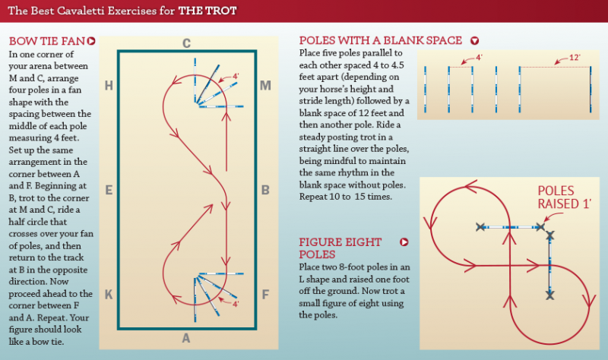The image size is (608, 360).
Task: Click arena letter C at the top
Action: [x=186, y=43]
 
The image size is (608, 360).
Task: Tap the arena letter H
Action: [x=109, y=85]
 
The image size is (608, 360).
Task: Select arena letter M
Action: [x=265, y=85]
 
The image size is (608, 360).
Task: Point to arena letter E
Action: [x=109, y=190]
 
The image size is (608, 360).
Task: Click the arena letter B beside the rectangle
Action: [x=265, y=190]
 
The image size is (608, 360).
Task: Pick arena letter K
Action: [x=109, y=294]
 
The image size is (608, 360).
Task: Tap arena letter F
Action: [x=265, y=294]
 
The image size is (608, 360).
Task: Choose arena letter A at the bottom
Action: [x=186, y=339]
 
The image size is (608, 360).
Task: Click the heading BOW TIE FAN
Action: [x=46, y=41]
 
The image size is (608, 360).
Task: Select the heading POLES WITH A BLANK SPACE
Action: [x=381, y=41]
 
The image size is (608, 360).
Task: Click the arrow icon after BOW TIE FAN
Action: [x=91, y=41]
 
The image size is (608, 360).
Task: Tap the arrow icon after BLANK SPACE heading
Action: [x=475, y=41]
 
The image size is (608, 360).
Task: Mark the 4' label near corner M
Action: [x=236, y=77]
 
